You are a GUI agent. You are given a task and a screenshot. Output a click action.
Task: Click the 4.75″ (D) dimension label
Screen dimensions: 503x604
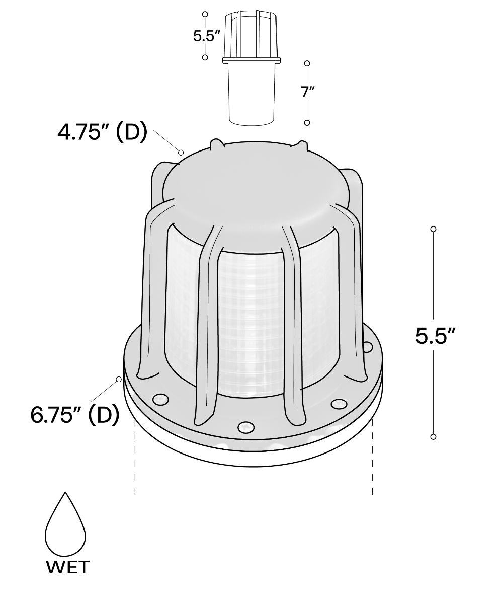point(102,132)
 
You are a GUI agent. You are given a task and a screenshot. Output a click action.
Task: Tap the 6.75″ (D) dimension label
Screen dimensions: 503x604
point(74,415)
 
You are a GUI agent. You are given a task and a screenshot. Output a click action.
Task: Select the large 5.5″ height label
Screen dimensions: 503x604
point(436,336)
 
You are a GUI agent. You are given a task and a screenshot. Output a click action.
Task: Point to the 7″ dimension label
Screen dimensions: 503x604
point(307,92)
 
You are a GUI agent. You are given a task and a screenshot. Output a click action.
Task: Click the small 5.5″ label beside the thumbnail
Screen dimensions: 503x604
point(206,36)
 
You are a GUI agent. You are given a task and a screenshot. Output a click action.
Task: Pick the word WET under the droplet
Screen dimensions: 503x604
point(68,567)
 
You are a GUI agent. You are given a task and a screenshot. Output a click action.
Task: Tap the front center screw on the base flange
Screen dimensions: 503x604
point(246,427)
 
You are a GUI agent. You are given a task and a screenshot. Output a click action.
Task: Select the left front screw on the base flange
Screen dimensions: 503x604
point(160,400)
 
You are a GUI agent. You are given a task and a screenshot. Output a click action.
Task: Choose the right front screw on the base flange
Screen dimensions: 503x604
point(339,404)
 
